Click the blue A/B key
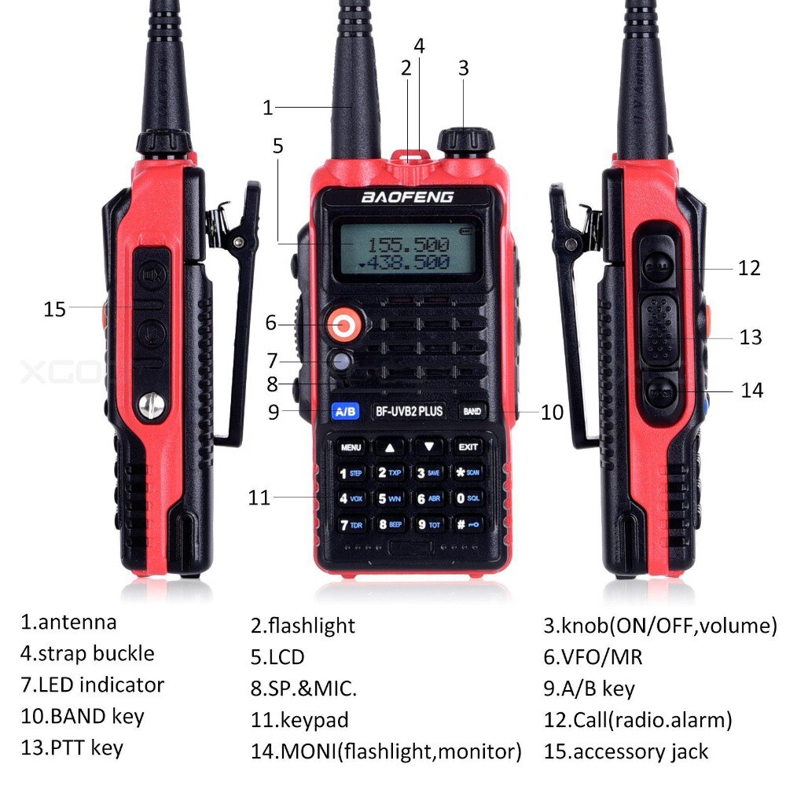pos(346,410)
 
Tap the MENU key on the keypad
pos(351,447)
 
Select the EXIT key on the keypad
pos(468,447)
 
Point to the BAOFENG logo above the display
pos(406,197)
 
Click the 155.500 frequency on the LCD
pos(409,244)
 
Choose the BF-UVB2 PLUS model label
pos(409,410)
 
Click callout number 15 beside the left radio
pos(54,310)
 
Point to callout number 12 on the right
pos(749,268)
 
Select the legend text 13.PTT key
pos(72,747)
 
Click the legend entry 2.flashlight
pos(303,626)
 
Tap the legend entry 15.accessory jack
pos(626,751)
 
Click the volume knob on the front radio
pos(465,141)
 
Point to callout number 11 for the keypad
pos(259,498)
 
